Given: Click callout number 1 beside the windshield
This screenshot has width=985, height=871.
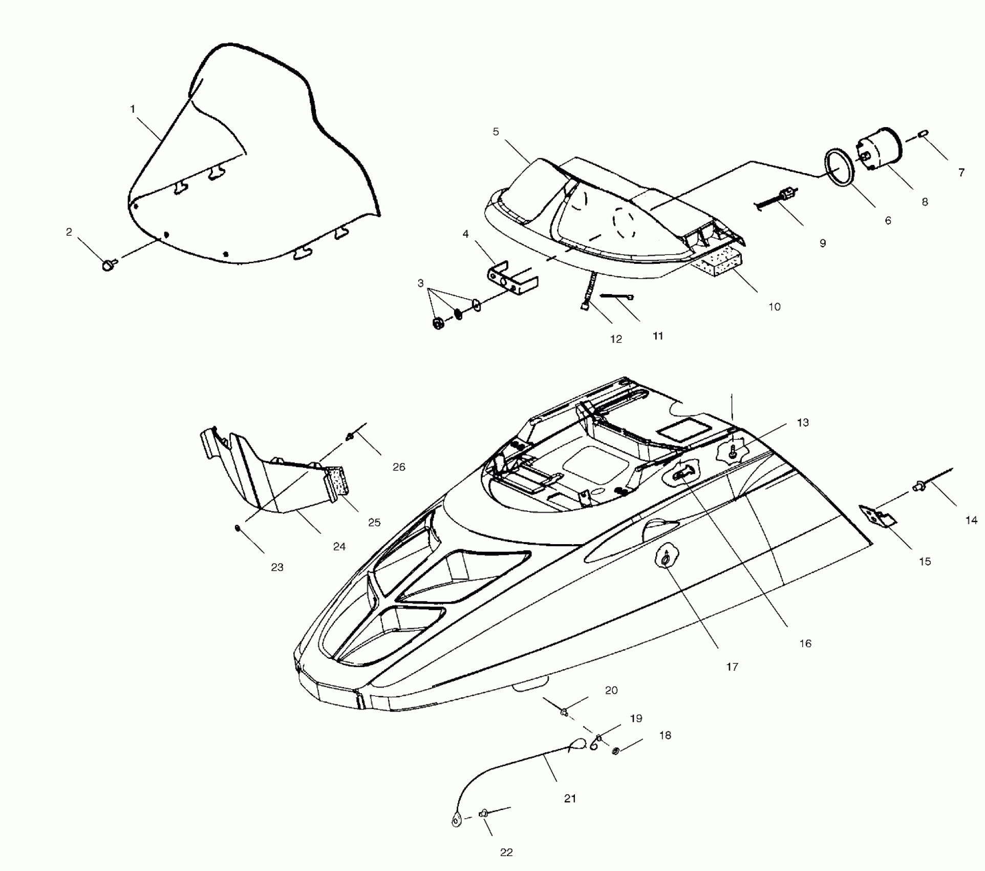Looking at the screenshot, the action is point(133,109).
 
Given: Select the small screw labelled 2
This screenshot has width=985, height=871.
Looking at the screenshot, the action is point(109,264).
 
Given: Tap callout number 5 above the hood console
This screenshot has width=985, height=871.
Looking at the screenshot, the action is point(496,132).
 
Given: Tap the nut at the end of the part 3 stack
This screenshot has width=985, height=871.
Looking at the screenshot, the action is point(438,324).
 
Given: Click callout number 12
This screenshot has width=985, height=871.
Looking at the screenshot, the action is point(616,339).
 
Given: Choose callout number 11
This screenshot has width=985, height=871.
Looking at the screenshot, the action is point(658,336).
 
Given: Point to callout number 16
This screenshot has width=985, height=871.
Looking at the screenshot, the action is point(805,644).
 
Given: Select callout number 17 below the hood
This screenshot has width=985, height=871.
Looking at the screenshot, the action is point(732,667).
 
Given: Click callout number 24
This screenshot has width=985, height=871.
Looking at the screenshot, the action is point(339,547).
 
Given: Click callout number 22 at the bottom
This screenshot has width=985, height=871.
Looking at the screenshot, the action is point(506,853).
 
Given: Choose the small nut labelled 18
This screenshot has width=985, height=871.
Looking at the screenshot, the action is point(616,751).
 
